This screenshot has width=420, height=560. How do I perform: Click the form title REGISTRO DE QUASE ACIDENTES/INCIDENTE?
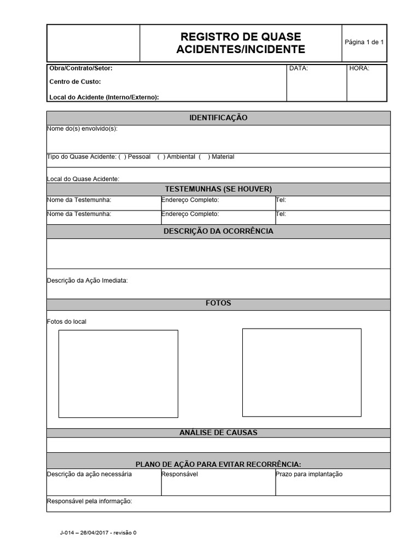coord(241,43)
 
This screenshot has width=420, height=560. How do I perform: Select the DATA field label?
coord(299,69)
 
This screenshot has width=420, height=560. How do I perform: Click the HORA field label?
coord(359,69)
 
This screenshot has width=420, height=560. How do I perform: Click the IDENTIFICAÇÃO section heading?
coord(218,118)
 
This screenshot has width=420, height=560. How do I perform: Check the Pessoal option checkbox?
coord(122,157)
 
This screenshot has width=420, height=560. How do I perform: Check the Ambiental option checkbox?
coord(161,157)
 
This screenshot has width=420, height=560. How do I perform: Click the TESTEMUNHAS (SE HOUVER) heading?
coord(218,189)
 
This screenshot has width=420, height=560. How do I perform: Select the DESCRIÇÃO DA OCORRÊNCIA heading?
coord(218,231)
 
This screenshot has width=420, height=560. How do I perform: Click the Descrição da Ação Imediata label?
coord(87,281)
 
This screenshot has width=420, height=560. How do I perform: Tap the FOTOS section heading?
coord(218,303)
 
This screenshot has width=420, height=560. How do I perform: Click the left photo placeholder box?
coord(118,374)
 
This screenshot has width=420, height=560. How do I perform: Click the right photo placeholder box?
coord(302,372)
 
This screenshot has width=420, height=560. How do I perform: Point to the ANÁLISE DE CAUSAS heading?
coord(218,433)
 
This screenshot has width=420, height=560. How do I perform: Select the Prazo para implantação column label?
coord(310,474)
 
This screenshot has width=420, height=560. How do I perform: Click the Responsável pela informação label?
coord(90,501)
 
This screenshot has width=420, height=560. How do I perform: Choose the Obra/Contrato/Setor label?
coord(81,69)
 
